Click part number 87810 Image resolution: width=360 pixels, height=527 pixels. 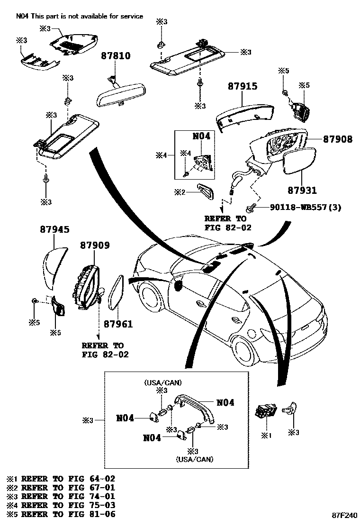coord(115,56)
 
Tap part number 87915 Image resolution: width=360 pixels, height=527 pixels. coord(242,86)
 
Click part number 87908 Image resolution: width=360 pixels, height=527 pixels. coord(338,139)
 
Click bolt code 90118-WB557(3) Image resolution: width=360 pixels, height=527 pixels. coord(306,208)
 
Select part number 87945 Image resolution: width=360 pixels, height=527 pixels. coord(54,230)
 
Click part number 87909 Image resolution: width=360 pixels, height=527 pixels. coord(95,245)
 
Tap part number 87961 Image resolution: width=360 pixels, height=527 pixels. coord(118,324)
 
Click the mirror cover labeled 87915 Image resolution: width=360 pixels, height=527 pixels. coord(244,114)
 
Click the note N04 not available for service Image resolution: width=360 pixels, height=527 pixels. coord(79,16)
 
